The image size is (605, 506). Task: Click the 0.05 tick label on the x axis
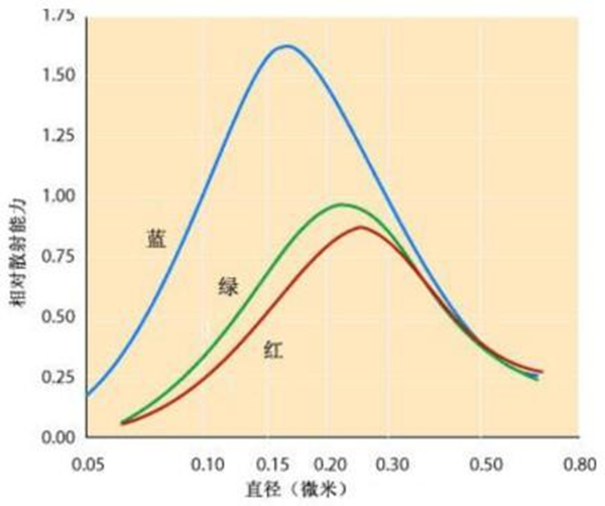86,465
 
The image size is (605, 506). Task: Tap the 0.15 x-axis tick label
275,465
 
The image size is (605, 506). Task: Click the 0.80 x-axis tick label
576,465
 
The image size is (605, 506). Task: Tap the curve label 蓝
156,239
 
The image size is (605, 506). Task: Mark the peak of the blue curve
284,46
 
